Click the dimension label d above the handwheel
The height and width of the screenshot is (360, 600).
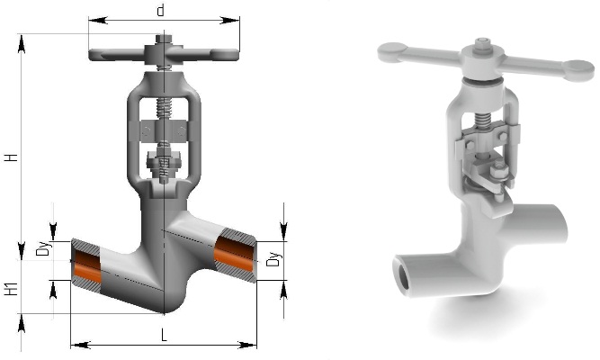[x=161, y=11]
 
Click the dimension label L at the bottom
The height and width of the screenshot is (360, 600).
[x=164, y=336]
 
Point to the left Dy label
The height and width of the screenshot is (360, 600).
[x=43, y=249]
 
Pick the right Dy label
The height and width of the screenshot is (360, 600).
[x=274, y=259]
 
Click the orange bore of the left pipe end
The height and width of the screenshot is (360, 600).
[x=87, y=266]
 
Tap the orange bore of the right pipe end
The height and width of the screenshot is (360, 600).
[x=234, y=254]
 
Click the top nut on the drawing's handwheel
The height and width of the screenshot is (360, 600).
[x=164, y=39]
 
